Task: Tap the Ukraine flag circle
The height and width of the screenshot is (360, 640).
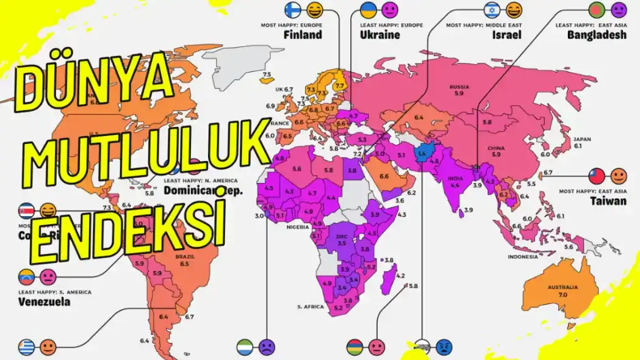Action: pyautogui.click(x=369, y=10)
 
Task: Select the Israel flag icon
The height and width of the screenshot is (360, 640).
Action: pyautogui.click(x=492, y=10)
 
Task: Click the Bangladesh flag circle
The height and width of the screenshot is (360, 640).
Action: pyautogui.click(x=597, y=10)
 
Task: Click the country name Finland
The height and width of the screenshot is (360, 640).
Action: pyautogui.click(x=303, y=35)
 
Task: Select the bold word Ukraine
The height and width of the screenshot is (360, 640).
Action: pyautogui.click(x=379, y=35)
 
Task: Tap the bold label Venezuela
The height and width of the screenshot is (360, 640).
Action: pyautogui.click(x=43, y=301)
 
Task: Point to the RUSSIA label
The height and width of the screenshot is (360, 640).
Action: pyautogui.click(x=459, y=87)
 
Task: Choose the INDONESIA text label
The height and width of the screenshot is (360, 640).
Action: pyautogui.click(x=523, y=257)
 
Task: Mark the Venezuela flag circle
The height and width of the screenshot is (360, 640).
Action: pyautogui.click(x=27, y=277)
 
